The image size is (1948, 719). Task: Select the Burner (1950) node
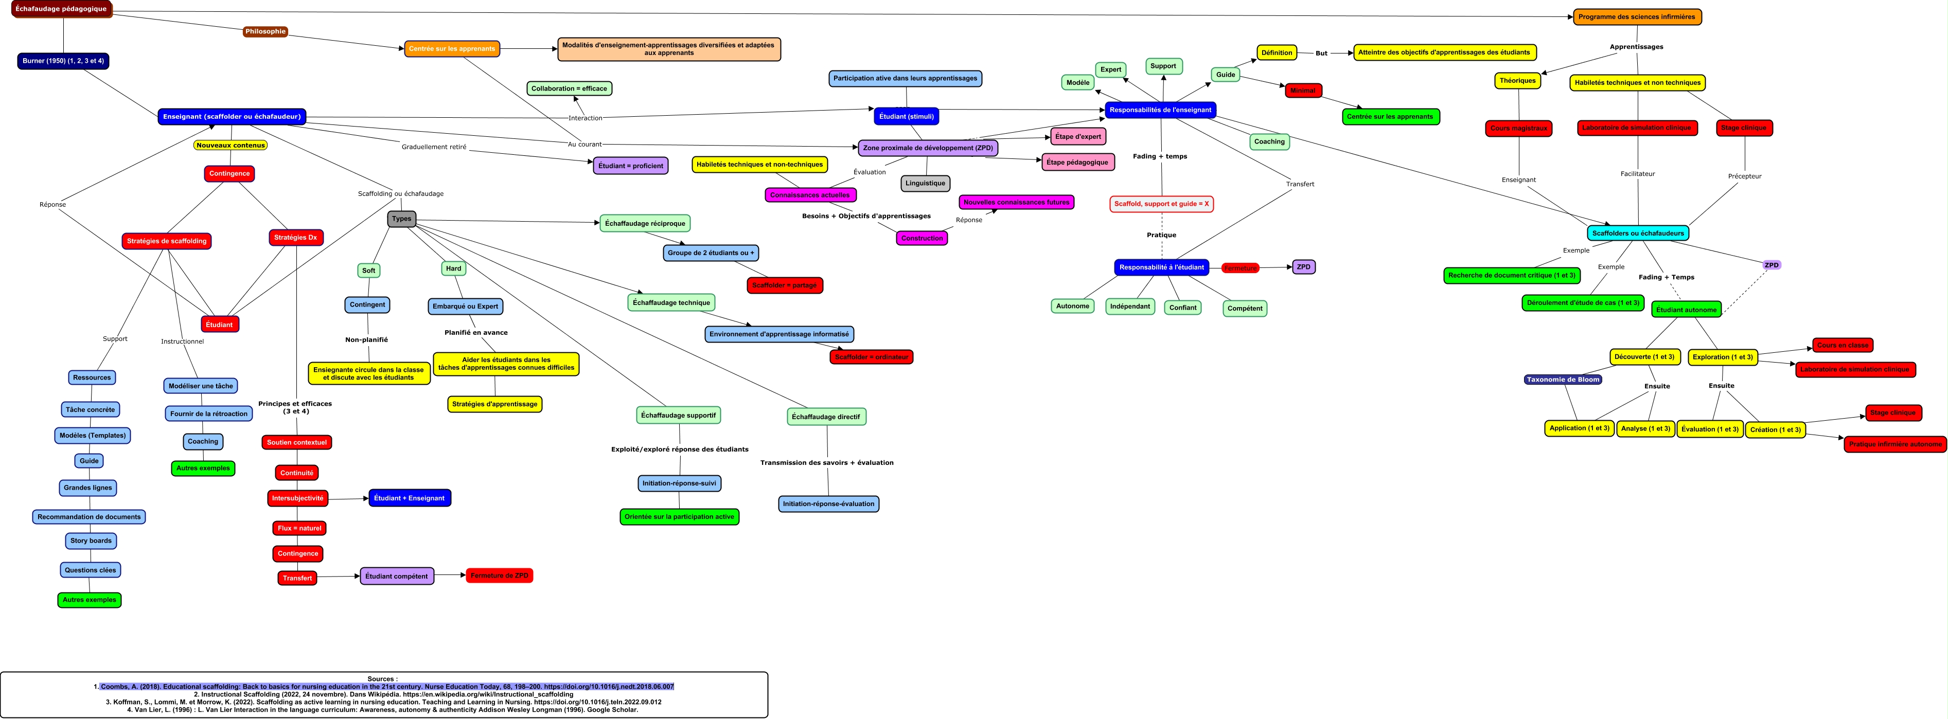[x=63, y=61]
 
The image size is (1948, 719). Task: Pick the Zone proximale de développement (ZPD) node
[x=928, y=148]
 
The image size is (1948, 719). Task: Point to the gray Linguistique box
[x=925, y=183]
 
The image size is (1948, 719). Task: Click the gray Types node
[x=401, y=219]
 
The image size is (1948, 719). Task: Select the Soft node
[x=368, y=271]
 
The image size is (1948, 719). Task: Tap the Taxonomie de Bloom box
[x=1562, y=380]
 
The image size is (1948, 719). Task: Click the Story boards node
[x=91, y=541]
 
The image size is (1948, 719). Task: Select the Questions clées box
[x=91, y=570]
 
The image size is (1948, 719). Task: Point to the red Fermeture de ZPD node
[x=499, y=576]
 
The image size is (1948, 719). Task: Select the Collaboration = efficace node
[x=569, y=88]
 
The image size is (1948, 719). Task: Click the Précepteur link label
[x=1745, y=176]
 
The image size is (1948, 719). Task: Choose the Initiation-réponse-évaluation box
[x=828, y=504]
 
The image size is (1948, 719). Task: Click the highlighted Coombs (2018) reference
[x=386, y=687]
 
